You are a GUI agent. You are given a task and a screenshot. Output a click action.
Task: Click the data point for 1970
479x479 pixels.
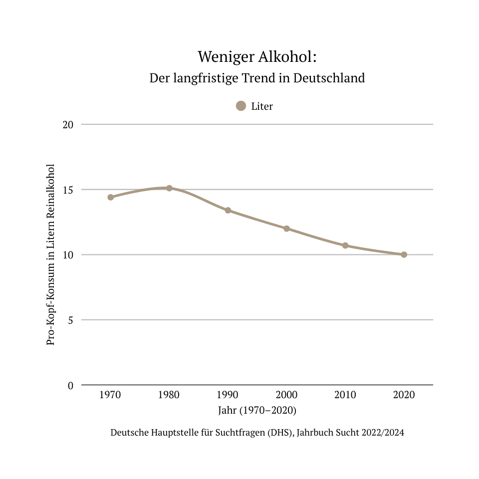pyautogui.click(x=111, y=197)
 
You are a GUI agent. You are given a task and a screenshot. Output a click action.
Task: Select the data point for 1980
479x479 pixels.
pyautogui.click(x=169, y=188)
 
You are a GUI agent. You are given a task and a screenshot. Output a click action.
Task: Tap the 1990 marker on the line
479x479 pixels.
pyautogui.click(x=228, y=210)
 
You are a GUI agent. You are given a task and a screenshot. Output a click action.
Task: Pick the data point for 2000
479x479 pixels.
pyautogui.click(x=286, y=229)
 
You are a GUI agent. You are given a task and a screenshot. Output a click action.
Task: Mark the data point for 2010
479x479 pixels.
pyautogui.click(x=345, y=245)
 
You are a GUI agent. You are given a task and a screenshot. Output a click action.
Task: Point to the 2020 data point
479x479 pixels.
pyautogui.click(x=404, y=254)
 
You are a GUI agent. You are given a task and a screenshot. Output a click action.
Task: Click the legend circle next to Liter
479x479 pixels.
pyautogui.click(x=241, y=106)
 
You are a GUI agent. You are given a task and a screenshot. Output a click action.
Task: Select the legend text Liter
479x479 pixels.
pyautogui.click(x=262, y=106)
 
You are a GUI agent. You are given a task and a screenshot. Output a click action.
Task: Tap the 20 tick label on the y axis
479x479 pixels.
pyautogui.click(x=68, y=124)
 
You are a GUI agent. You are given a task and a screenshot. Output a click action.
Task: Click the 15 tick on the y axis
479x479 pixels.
pyautogui.click(x=68, y=190)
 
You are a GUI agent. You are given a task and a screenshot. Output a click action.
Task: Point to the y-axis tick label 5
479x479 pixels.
pyautogui.click(x=70, y=320)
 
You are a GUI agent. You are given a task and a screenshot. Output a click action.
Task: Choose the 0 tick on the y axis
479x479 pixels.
pyautogui.click(x=70, y=385)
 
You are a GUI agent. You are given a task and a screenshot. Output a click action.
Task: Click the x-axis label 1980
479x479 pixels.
pyautogui.click(x=169, y=395)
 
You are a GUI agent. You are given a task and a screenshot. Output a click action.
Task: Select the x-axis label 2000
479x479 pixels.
pyautogui.click(x=286, y=395)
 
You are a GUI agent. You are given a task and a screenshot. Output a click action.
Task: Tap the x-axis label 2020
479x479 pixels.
pyautogui.click(x=404, y=395)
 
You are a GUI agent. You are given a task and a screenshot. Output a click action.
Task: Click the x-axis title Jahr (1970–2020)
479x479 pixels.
pyautogui.click(x=257, y=411)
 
